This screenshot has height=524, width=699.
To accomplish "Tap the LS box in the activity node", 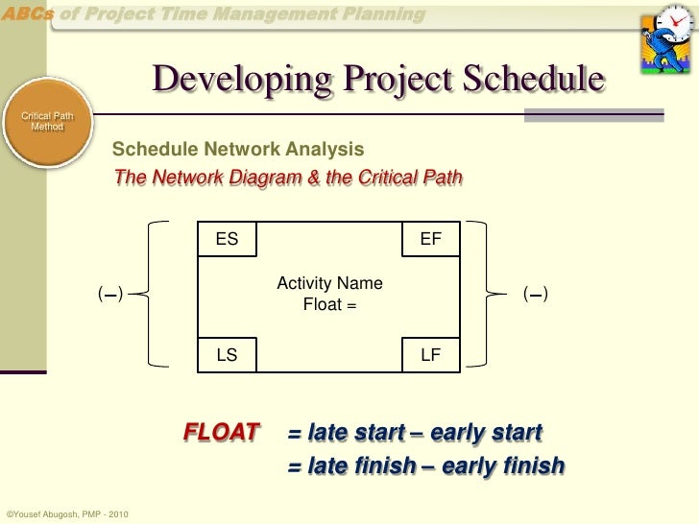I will coord(227,354).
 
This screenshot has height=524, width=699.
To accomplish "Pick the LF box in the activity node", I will coord(431,354).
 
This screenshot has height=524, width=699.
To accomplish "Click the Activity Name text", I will coord(329,283).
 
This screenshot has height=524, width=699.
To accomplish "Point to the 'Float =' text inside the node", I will coord(329,305).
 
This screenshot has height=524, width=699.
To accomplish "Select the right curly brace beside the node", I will coord(500,294).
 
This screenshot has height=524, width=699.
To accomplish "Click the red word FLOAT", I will coord(222,432).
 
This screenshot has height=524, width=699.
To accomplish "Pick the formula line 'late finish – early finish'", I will coord(426,466).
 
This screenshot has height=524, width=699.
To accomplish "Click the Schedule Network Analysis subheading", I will coord(238,150).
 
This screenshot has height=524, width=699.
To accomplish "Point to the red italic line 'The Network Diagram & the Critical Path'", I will coord(287,179).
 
